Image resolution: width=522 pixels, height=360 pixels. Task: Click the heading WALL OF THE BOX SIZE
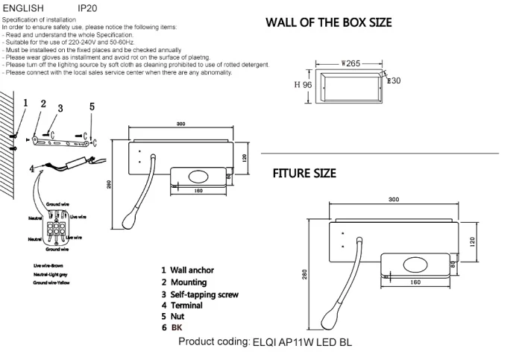pyautogui.click(x=329, y=22)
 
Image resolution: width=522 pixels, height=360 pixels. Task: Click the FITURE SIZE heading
pyautogui.click(x=304, y=174)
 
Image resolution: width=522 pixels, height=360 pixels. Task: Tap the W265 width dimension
pyautogui.click(x=350, y=64)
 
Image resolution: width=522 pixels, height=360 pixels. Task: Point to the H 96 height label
pyautogui.click(x=303, y=85)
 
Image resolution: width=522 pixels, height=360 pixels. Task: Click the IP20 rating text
pyautogui.click(x=87, y=7)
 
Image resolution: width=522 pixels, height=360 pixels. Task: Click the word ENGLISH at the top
pyautogui.click(x=25, y=7)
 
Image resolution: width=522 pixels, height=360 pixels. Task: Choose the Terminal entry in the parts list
pyautogui.click(x=186, y=306)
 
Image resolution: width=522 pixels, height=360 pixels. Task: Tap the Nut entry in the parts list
pyautogui.click(x=177, y=317)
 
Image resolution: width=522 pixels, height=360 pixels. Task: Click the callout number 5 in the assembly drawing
pyautogui.click(x=92, y=107)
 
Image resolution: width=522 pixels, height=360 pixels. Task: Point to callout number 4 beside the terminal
pyautogui.click(x=32, y=169)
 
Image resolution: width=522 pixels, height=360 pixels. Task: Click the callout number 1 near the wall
pyautogui.click(x=25, y=103)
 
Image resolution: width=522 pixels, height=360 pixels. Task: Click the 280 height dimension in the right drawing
pyautogui.click(x=304, y=275)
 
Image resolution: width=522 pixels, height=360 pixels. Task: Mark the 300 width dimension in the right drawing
pyautogui.click(x=394, y=200)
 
